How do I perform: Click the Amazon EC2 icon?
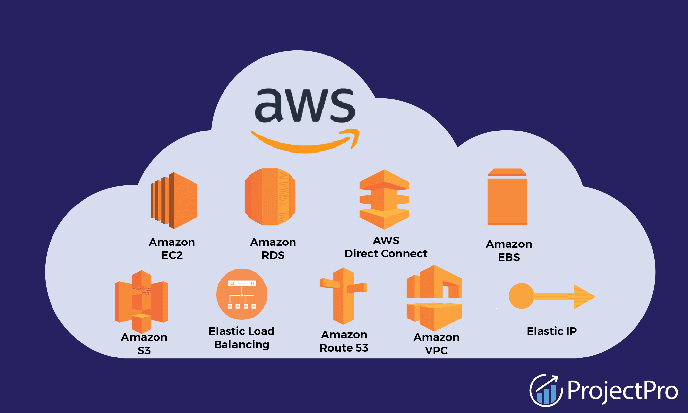pos(174,200)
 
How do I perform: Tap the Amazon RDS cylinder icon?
pos(270,197)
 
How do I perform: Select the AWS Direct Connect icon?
pos(384,200)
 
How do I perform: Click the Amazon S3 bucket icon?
pos(141,301)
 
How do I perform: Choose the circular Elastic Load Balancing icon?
pos(242,294)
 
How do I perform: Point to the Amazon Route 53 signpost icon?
pos(343,296)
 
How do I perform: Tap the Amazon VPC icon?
pos(434,298)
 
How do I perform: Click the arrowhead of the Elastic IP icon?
pos(584,297)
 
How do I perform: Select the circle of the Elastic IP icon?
pos(521,296)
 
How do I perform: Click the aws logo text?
pos(305,105)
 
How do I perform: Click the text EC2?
pos(172,255)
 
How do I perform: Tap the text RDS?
pos(273,255)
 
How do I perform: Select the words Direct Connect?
pos(386,254)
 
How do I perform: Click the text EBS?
pos(509,257)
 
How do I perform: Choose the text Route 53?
pos(344,348)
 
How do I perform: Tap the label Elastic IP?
pos(552,331)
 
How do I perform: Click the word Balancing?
pos(242,345)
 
